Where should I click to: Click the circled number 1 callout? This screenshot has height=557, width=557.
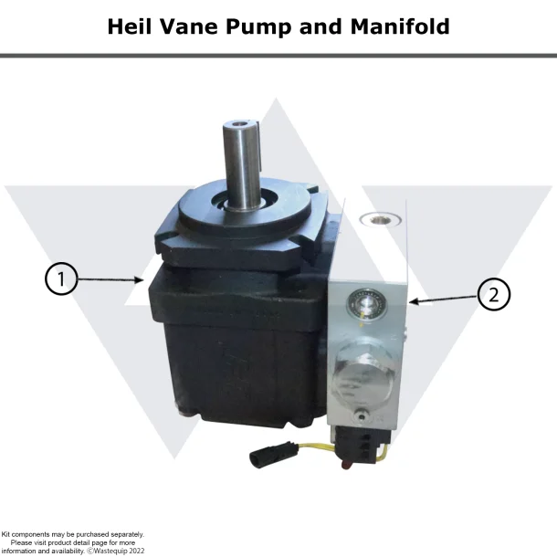coord(61,279)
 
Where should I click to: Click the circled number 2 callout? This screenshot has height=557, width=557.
coord(494,294)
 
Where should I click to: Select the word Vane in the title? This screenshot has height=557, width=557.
coord(191,26)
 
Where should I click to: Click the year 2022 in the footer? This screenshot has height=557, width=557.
coord(137,551)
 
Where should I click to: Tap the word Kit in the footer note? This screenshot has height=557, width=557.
coord(8,535)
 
